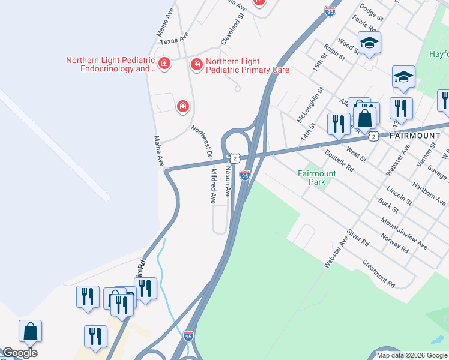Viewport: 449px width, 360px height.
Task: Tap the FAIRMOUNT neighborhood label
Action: click(414, 136)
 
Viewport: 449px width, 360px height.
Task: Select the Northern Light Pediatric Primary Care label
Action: click(247, 66)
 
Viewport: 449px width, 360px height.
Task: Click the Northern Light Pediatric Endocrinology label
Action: click(110, 64)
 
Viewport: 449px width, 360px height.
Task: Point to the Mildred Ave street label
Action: click(212, 186)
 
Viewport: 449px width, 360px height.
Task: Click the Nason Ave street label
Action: click(228, 182)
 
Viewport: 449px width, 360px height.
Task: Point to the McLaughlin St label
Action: click(310, 104)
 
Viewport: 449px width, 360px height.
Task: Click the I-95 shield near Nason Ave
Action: click(244, 175)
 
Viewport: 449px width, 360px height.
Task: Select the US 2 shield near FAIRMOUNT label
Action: click(373, 136)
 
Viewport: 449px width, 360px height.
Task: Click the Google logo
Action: click(19, 353)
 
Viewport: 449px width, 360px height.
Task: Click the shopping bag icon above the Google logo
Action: click(30, 331)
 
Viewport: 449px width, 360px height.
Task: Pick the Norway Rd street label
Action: click(394, 242)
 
